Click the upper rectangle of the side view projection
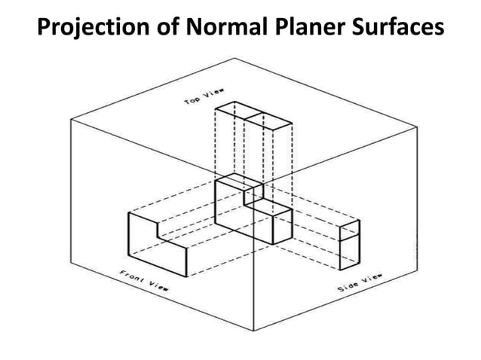click(350, 231)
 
